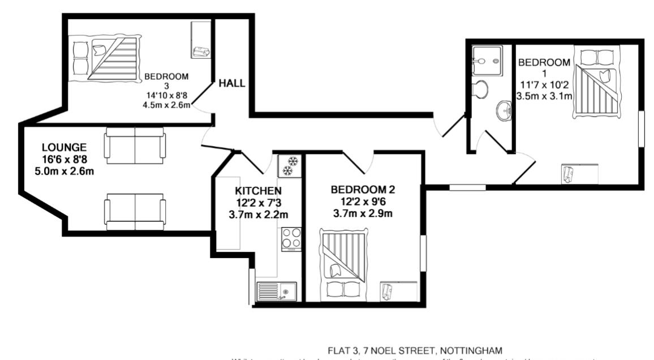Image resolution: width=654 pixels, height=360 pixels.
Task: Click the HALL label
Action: pos(232,83)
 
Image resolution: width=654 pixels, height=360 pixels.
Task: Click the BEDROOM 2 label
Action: pos(363,190)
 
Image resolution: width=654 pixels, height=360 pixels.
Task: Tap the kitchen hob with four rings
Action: pos(291,238)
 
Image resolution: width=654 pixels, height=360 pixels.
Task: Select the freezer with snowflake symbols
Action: pos(290,165)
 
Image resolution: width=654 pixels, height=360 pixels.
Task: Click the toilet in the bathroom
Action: pos(480,89)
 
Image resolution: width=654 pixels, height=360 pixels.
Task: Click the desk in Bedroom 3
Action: pos(201,39)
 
